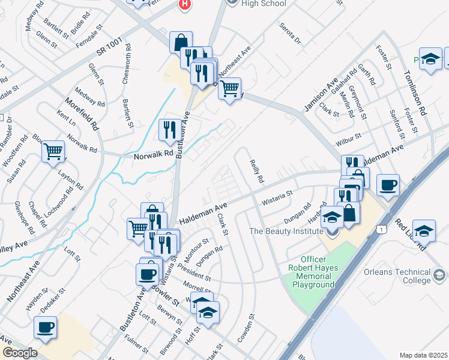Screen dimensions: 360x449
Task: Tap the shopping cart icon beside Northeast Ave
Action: coord(229,89)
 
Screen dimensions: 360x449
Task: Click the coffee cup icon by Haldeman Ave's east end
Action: coord(388,184)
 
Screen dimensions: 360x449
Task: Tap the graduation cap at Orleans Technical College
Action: coord(424,230)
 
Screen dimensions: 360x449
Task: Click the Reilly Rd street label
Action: coord(256,170)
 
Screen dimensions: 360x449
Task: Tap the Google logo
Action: coord(20,353)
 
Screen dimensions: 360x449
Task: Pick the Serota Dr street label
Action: coord(290,32)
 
